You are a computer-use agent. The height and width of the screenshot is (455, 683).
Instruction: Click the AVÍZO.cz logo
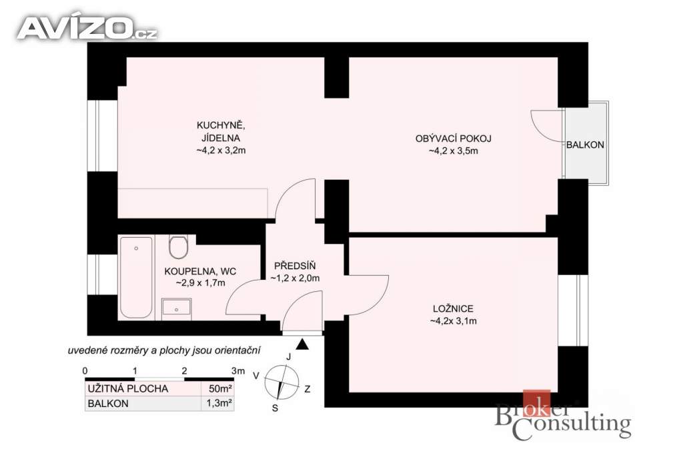[87, 28]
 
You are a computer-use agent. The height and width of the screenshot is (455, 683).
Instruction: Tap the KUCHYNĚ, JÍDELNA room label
[221, 132]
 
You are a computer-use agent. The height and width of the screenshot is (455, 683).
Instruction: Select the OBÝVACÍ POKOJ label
[454, 139]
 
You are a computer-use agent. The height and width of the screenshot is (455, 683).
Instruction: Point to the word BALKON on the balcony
[585, 145]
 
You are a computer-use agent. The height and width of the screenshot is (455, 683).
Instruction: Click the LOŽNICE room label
[453, 309]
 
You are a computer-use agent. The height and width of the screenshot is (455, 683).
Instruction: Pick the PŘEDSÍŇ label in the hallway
[295, 266]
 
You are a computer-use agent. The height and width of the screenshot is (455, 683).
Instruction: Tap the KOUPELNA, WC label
[200, 271]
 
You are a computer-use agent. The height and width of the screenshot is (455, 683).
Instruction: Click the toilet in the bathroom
[178, 247]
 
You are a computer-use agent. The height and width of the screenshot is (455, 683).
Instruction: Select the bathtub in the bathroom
[136, 277]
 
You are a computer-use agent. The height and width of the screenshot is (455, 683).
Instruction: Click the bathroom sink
[176, 306]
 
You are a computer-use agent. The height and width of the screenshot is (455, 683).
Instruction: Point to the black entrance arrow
[302, 344]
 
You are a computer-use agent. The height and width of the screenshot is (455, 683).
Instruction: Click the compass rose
[282, 382]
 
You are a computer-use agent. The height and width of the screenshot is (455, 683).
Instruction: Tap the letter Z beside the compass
[307, 389]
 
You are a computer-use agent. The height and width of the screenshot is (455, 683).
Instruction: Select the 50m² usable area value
[220, 388]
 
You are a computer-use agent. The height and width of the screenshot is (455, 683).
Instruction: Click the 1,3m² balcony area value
[219, 403]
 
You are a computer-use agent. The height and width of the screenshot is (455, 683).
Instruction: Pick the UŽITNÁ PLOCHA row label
[127, 388]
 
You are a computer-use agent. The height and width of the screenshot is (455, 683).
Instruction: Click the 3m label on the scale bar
[238, 371]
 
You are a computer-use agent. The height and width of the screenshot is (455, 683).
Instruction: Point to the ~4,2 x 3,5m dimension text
[454, 151]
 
